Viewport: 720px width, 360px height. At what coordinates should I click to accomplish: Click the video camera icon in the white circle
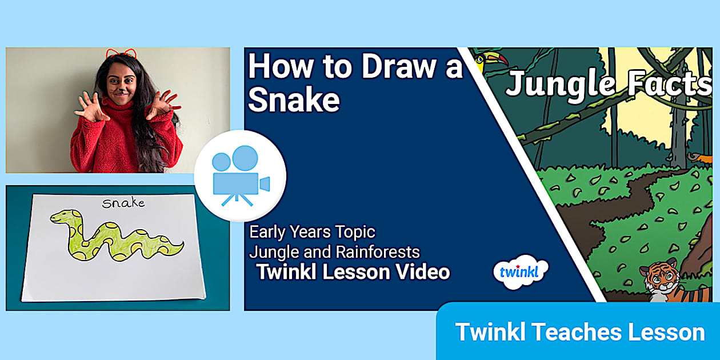tap(240, 176)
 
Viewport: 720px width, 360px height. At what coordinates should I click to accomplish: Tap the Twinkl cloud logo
tap(521, 271)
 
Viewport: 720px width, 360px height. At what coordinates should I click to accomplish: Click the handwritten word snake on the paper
tap(123, 202)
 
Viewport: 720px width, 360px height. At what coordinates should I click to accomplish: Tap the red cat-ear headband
tap(121, 54)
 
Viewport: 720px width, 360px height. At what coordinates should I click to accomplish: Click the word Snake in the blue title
tap(294, 100)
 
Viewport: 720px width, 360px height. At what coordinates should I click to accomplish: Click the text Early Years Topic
tap(312, 232)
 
